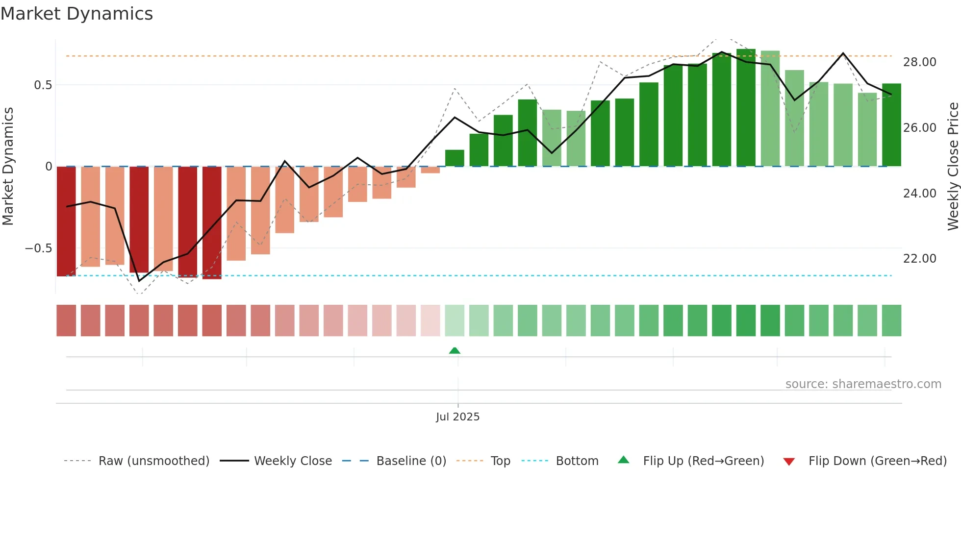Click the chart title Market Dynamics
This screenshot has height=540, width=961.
coord(76,14)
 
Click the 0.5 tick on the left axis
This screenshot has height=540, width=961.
coord(43,85)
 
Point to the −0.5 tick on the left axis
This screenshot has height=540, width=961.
coord(39,248)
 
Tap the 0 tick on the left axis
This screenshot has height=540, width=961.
coord(49,167)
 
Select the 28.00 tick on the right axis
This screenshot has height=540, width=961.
coord(919,62)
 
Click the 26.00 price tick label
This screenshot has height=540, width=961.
coord(919,128)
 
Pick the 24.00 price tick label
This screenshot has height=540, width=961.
coord(919,194)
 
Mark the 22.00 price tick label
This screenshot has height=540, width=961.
coord(919,259)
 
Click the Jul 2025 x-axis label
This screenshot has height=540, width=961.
coord(457,417)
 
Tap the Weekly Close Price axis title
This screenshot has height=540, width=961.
coord(953,167)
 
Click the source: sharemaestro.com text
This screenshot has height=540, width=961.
coord(863,384)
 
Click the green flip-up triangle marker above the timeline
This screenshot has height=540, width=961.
coord(455,351)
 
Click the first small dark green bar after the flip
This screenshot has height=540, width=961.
coord(455,158)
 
